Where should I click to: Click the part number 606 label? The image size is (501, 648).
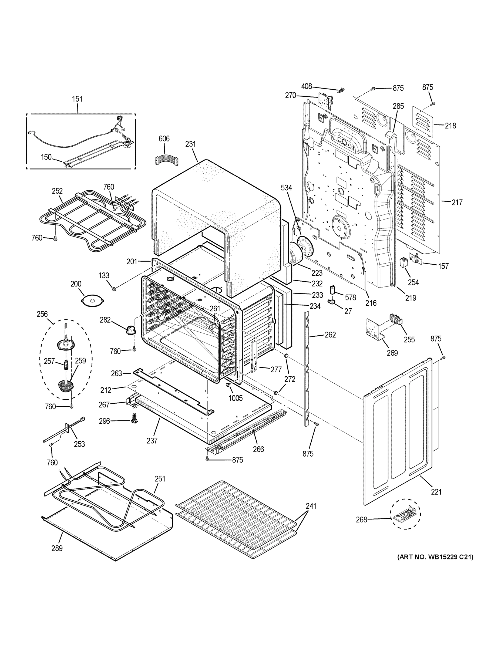pyautogui.click(x=164, y=139)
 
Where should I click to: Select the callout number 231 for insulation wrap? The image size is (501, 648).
pyautogui.click(x=191, y=144)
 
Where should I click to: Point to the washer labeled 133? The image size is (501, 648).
pyautogui.click(x=114, y=289)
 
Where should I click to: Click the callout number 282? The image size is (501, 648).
pyautogui.click(x=105, y=320)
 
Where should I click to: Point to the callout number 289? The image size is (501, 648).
pyautogui.click(x=57, y=548)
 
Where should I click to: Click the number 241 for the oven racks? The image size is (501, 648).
pyautogui.click(x=311, y=506)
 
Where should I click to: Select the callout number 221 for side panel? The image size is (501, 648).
pyautogui.click(x=436, y=492)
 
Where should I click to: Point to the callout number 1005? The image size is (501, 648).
pyautogui.click(x=235, y=398)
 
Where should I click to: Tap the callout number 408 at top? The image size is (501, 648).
pyautogui.click(x=307, y=86)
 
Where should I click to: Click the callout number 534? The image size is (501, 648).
pyautogui.click(x=286, y=188)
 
